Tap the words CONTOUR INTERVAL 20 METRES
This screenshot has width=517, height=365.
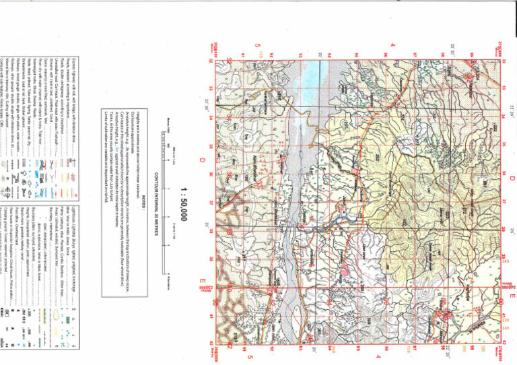tap(157, 202)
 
